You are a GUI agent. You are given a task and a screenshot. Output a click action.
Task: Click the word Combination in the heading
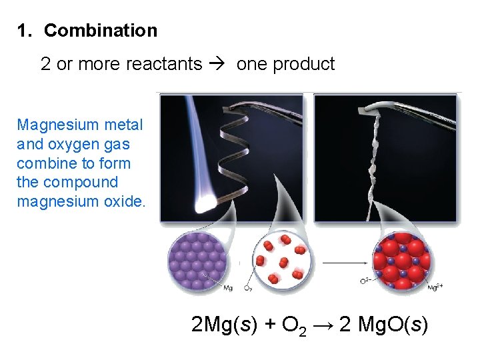[x=101, y=31]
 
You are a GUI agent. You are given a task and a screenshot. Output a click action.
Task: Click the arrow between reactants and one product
[x=219, y=64]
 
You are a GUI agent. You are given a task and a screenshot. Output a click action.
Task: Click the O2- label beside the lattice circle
[x=365, y=281]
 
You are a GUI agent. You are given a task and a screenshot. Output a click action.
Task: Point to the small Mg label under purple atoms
[x=228, y=288]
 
